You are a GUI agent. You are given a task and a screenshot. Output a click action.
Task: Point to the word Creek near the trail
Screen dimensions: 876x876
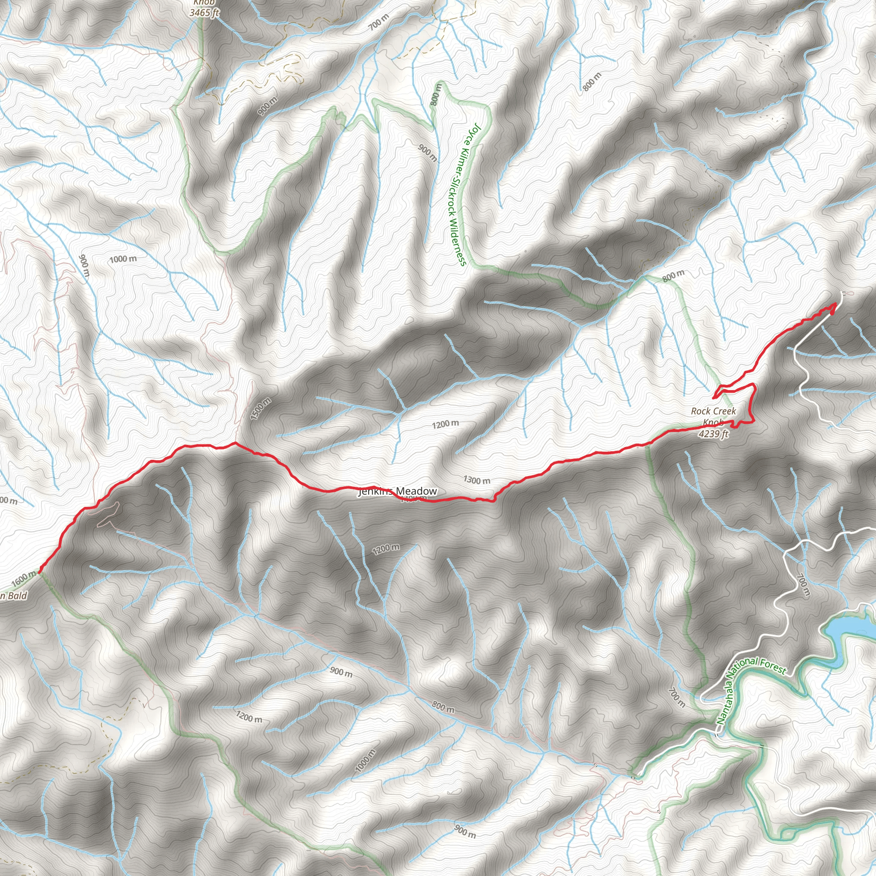[x=723, y=411]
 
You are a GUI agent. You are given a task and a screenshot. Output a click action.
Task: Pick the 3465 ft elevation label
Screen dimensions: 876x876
[x=204, y=13]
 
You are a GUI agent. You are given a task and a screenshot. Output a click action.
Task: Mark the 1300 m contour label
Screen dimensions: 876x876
[x=476, y=480]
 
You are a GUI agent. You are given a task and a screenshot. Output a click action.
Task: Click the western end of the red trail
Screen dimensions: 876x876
[x=40, y=572]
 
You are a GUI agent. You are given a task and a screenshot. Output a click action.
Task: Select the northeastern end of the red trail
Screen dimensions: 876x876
[x=835, y=304]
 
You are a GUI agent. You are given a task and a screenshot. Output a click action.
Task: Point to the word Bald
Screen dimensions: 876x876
[x=17, y=596]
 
